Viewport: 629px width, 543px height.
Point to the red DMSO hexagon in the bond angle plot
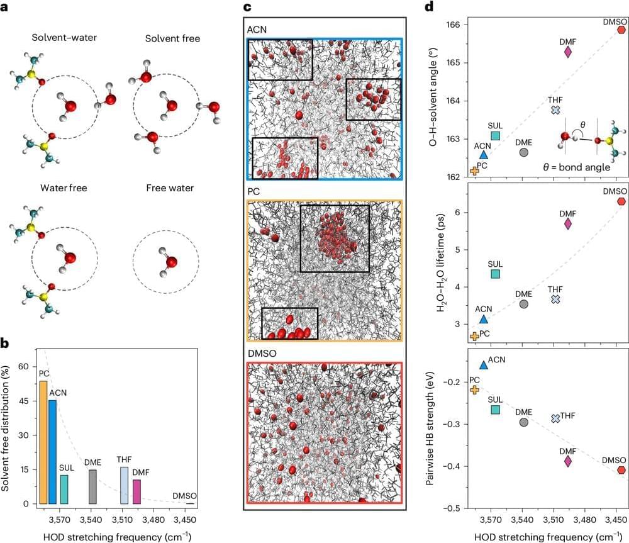coord(621,30)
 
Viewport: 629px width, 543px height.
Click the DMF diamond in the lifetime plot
coord(568,223)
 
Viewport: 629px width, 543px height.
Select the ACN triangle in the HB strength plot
coord(484,364)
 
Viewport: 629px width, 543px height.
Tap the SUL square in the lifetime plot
coord(495,274)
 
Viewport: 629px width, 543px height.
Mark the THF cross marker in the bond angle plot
coord(555,110)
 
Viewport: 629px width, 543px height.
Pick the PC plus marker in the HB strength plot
coord(474,389)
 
